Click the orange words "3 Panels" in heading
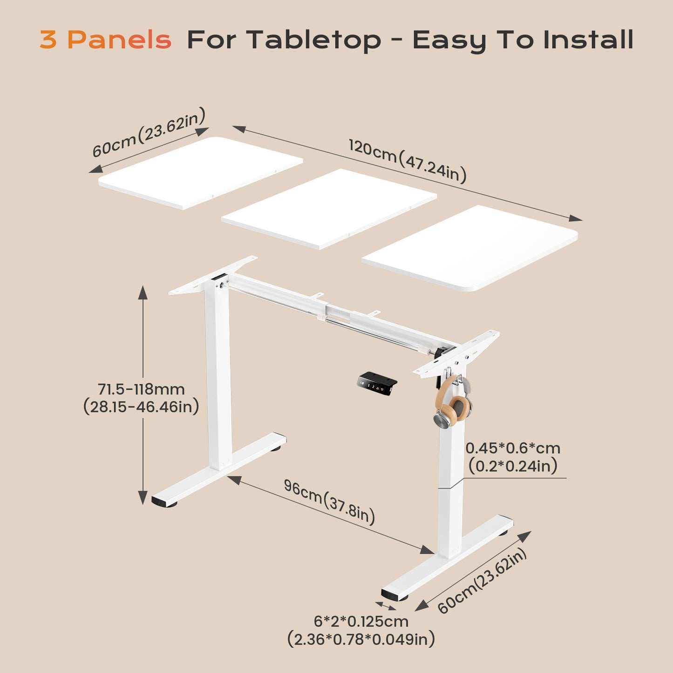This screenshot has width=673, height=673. (x=105, y=40)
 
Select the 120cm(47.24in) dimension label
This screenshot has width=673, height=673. (x=408, y=161)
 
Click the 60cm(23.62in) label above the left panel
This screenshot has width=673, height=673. (x=149, y=133)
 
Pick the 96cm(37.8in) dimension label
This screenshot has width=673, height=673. (x=329, y=502)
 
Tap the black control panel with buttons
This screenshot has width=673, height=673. (x=377, y=383)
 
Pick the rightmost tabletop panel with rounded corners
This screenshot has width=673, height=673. (x=470, y=247)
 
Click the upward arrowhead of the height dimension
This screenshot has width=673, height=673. (x=143, y=293)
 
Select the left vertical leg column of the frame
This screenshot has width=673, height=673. (x=218, y=373)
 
